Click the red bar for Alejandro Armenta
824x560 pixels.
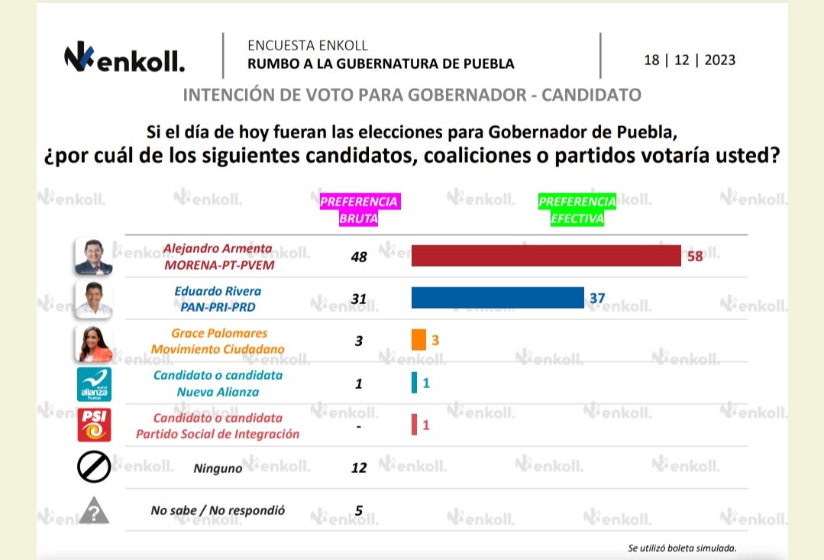[x=545, y=256]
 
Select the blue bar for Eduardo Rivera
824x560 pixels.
[x=497, y=298]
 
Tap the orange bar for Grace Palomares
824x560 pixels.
[x=418, y=339]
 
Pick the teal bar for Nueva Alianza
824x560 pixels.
[x=415, y=382]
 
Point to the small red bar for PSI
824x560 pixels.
[x=415, y=424]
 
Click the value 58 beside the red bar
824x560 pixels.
[x=694, y=257]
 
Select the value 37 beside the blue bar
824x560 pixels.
[x=596, y=299]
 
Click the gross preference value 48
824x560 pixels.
[x=359, y=257]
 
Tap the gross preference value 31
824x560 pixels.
[x=359, y=299]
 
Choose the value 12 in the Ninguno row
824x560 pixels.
[x=359, y=467]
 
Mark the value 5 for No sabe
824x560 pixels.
[x=359, y=510]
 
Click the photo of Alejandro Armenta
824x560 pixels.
[x=93, y=257]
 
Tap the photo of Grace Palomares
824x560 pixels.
[x=93, y=342]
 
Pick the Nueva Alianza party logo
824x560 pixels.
[x=93, y=384]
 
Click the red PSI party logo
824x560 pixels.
[x=93, y=426]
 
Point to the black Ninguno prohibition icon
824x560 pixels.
[x=93, y=468]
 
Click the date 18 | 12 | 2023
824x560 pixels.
[x=690, y=60]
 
